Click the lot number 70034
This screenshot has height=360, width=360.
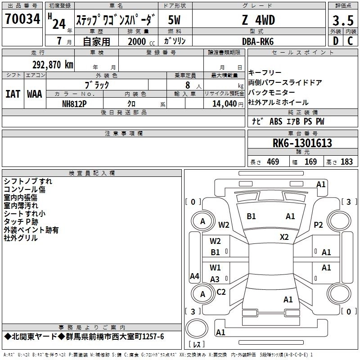click(x=22, y=19)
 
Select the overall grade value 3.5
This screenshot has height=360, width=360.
click(x=342, y=20)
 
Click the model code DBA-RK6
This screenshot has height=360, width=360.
click(x=258, y=41)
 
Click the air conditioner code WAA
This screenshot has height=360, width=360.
click(x=35, y=94)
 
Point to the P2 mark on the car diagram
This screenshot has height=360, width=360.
click(x=319, y=225)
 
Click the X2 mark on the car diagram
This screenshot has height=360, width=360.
click(x=284, y=237)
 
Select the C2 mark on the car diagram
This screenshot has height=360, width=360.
click(x=221, y=292)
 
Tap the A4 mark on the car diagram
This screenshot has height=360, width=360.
click(x=194, y=276)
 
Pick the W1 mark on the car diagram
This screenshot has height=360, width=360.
click(x=216, y=267)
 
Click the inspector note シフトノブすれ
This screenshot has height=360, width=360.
click(x=28, y=181)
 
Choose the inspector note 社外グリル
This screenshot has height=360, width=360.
click(x=21, y=238)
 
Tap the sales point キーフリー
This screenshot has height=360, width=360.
click(x=265, y=73)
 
